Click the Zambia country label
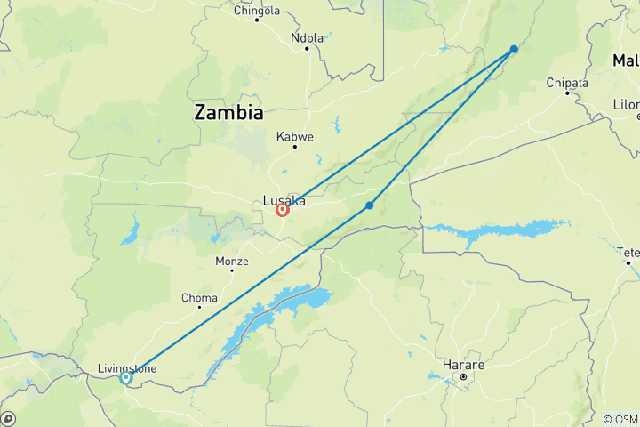(229, 113)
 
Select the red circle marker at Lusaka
(283, 210)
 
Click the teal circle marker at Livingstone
(125, 378)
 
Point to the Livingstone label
(127, 368)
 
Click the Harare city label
(463, 366)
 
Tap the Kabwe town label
(295, 137)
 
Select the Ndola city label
(308, 37)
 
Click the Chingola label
(256, 11)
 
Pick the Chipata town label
(567, 83)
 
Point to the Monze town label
(232, 261)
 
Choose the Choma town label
(198, 297)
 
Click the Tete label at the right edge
(628, 252)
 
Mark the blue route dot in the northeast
(514, 49)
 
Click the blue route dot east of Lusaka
(369, 205)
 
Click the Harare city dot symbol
(463, 378)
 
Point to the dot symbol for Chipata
(567, 93)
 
